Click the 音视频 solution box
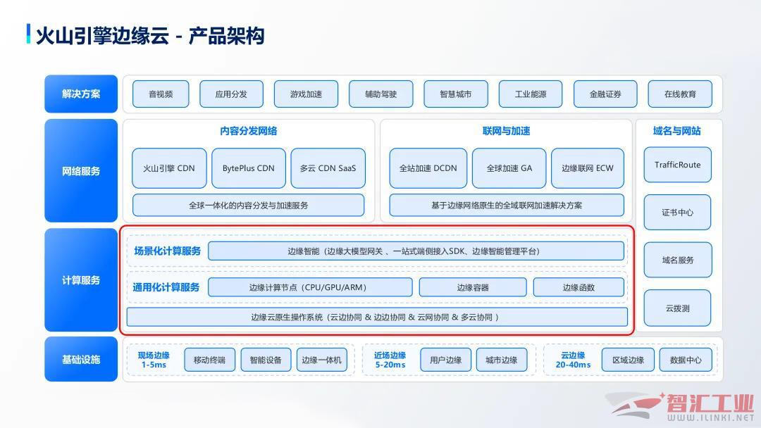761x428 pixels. click(x=161, y=94)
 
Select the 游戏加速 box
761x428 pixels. click(x=306, y=94)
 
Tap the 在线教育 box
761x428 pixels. click(x=680, y=94)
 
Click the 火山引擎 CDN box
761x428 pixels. click(x=169, y=168)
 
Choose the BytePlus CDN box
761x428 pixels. click(x=249, y=168)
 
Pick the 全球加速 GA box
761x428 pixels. click(x=509, y=168)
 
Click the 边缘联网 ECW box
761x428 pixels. click(x=587, y=168)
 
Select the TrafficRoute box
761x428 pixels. click(x=678, y=165)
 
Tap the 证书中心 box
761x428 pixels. click(x=678, y=213)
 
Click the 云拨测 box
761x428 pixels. click(x=678, y=308)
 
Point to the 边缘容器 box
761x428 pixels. click(x=473, y=287)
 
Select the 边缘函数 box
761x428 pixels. click(x=579, y=287)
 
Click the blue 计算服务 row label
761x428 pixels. click(x=81, y=280)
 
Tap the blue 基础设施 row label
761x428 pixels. click(x=81, y=359)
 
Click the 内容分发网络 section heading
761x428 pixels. click(x=249, y=131)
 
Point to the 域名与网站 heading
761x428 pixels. click(x=677, y=131)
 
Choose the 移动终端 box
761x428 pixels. click(x=210, y=360)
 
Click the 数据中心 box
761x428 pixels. click(x=686, y=360)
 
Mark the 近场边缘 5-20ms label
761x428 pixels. click(x=390, y=360)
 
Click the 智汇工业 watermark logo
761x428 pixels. click(x=680, y=406)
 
